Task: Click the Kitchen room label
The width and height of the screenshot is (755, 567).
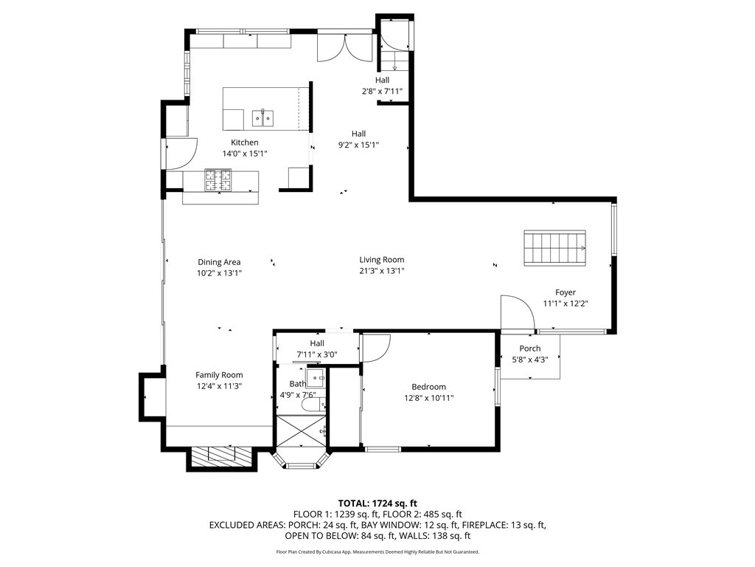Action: tap(245, 142)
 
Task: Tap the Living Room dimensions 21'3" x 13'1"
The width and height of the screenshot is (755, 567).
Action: tap(381, 271)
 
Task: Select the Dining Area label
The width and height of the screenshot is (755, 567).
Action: tap(219, 262)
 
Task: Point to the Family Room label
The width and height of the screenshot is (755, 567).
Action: tap(219, 375)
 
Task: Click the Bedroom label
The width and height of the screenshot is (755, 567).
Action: tap(428, 387)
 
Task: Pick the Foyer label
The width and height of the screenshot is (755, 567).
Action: tap(566, 292)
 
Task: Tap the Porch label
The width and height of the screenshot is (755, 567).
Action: tap(529, 348)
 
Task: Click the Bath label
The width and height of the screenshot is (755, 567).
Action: tap(297, 384)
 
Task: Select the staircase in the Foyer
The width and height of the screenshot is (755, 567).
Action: tap(554, 247)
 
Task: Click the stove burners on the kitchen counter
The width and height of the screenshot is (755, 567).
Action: tap(218, 180)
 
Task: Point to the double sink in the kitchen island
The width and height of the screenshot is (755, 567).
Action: tap(263, 117)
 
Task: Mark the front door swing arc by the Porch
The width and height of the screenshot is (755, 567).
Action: tap(517, 311)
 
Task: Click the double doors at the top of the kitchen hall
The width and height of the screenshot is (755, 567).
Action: tap(344, 48)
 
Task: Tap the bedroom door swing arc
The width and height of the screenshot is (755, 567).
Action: tap(376, 348)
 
